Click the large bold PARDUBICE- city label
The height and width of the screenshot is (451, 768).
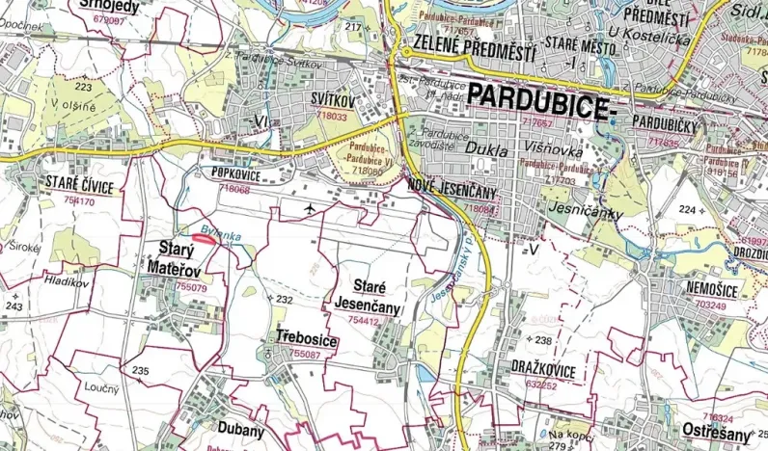pyautogui.click(x=540, y=96)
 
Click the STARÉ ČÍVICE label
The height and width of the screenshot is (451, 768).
pyautogui.click(x=79, y=187)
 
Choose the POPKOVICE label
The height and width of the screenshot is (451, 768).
pyautogui.click(x=235, y=173)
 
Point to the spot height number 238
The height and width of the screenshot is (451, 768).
pyautogui.click(x=543, y=340)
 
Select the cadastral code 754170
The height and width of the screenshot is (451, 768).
pyautogui.click(x=79, y=201)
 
